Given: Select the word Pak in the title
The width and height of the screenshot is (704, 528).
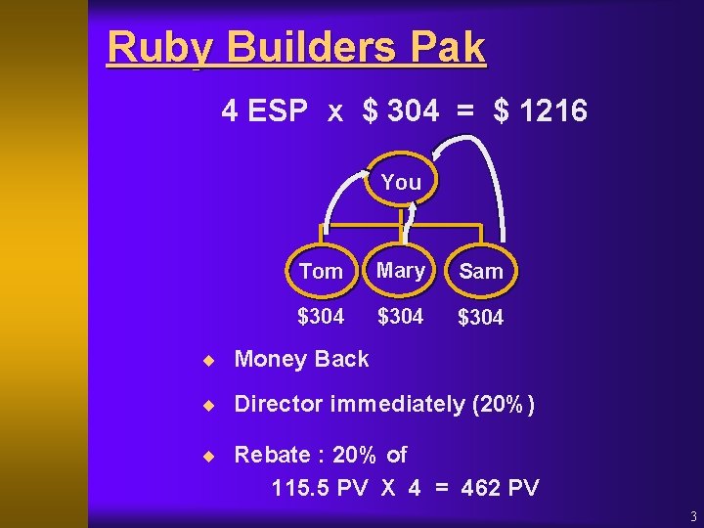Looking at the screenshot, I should (448, 48).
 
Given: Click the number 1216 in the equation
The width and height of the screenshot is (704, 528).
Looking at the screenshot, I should (553, 111).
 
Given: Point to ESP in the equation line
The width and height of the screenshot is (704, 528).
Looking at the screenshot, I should (278, 111).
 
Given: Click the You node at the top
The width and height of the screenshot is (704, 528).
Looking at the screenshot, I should (401, 182).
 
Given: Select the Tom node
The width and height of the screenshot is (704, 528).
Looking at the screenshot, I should (321, 271).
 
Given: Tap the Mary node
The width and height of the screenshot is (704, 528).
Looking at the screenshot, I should (401, 270).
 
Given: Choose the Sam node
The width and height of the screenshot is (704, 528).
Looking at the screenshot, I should (481, 271).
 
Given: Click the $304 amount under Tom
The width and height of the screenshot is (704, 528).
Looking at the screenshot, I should (321, 316).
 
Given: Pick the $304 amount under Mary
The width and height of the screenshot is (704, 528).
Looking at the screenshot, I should (401, 316).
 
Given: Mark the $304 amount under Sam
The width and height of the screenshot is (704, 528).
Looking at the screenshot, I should (481, 317).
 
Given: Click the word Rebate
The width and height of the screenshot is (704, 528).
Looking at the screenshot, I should (269, 455).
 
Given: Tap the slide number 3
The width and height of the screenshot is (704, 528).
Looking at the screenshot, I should (692, 516).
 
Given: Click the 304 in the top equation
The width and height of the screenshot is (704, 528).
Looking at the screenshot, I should (413, 111).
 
